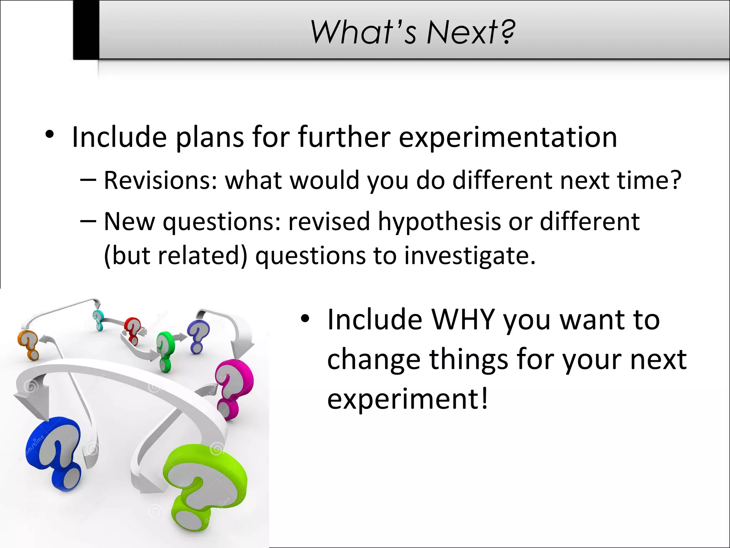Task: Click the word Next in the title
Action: (x=471, y=32)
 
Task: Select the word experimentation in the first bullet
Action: (x=508, y=137)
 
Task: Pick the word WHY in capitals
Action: (x=463, y=319)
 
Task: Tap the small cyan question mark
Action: (x=98, y=320)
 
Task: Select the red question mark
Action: (x=133, y=330)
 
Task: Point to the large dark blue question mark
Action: (x=57, y=453)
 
